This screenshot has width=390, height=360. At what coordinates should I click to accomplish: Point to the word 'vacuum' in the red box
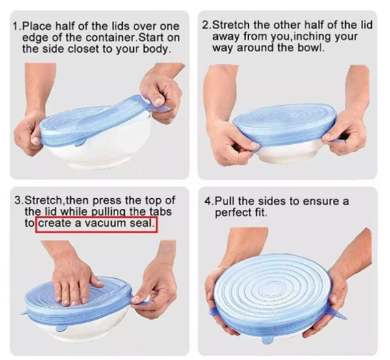(105, 223)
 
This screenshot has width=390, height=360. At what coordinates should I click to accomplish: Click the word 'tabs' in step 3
(161, 212)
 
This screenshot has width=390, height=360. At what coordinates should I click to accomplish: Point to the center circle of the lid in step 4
(272, 289)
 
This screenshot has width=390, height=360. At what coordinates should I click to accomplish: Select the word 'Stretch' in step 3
(44, 200)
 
